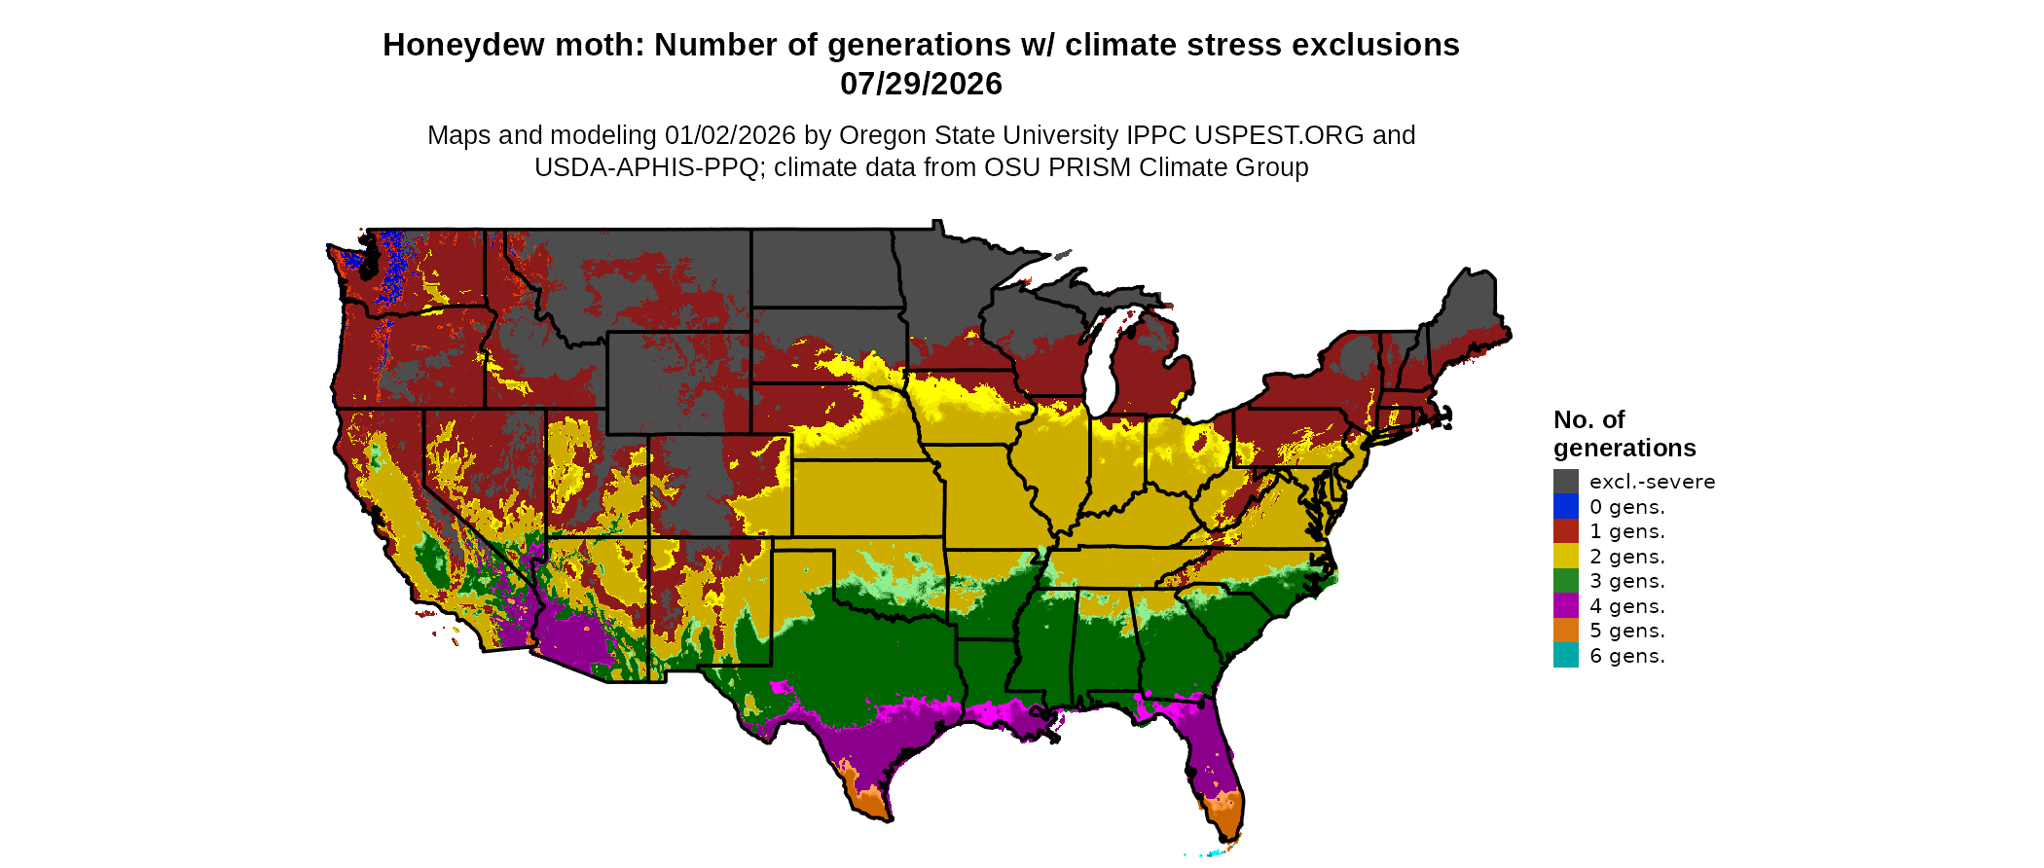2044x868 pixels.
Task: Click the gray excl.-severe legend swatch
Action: pos(1565,481)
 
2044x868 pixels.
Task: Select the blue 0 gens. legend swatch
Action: pos(1565,506)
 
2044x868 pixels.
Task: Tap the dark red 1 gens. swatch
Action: pos(1565,531)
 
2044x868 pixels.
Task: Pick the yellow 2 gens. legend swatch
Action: pos(1565,556)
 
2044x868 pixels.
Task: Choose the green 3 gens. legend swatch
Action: pos(1565,581)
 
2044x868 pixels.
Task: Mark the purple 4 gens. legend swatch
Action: pos(1565,605)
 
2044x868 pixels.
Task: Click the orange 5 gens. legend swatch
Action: pos(1565,631)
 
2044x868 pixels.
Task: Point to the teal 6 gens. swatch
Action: pos(1565,655)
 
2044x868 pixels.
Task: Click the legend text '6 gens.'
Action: pos(1626,656)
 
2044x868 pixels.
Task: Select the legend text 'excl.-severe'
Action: pos(1652,482)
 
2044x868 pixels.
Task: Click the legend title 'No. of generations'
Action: pos(1624,434)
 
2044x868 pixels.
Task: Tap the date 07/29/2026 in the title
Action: pos(921,84)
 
